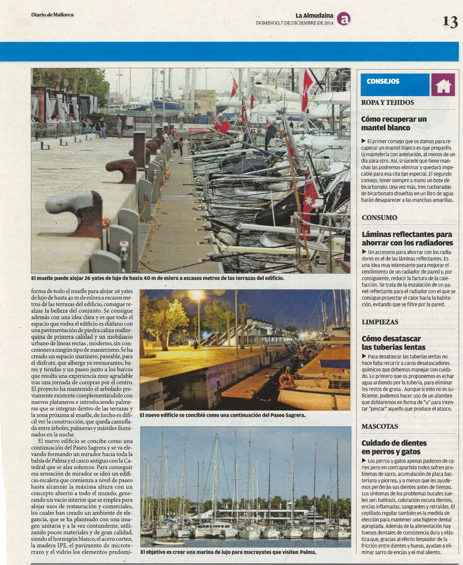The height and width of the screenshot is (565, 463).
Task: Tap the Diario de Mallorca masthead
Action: pyautogui.click(x=52, y=15)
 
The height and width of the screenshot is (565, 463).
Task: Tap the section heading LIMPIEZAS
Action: pyautogui.click(x=380, y=322)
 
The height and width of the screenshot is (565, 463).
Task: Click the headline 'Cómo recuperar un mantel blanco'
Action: pyautogui.click(x=394, y=123)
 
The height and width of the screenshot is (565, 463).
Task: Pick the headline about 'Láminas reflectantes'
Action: pyautogui.click(x=407, y=238)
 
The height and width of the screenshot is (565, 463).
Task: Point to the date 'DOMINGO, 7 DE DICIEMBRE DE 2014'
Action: pyautogui.click(x=294, y=23)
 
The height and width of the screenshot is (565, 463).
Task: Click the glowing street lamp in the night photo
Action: pyautogui.click(x=197, y=295)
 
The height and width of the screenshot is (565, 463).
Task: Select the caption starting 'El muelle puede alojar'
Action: pyautogui.click(x=157, y=278)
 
